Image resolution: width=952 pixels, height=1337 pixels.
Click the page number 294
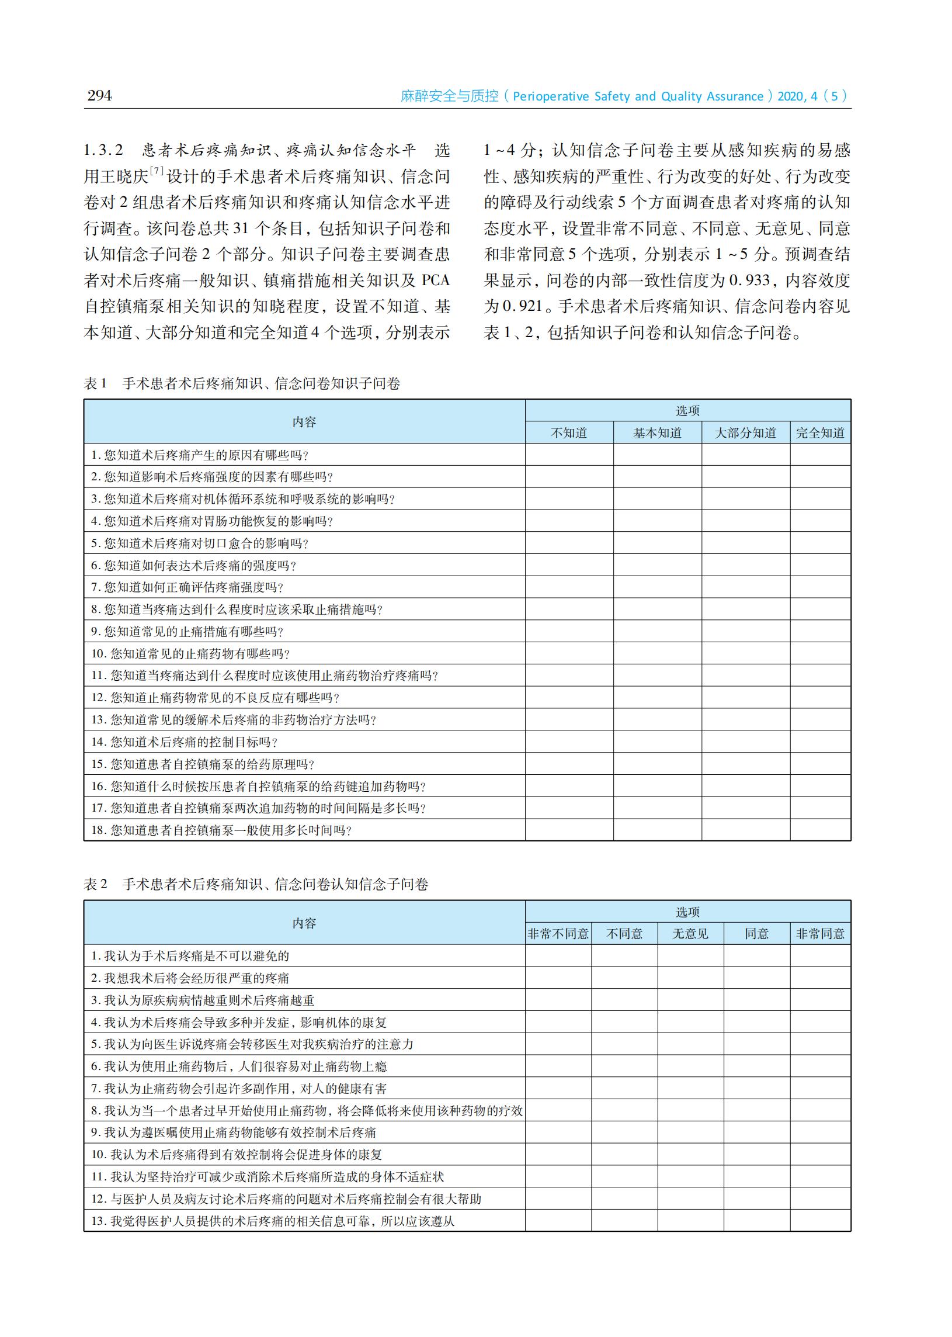(99, 95)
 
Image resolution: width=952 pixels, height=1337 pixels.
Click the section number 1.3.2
(103, 150)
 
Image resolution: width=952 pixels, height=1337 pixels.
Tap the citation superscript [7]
(157, 171)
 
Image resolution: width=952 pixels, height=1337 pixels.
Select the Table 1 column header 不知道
(569, 433)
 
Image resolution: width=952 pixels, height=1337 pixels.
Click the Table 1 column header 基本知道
(657, 433)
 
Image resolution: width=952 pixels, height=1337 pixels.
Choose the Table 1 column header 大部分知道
(745, 433)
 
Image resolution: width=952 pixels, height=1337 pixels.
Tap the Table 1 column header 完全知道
(820, 433)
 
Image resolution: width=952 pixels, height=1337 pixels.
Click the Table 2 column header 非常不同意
(558, 934)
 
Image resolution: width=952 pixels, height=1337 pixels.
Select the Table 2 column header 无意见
(690, 934)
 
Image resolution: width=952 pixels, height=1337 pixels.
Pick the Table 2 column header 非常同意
(820, 934)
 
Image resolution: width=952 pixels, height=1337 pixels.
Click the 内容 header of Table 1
(304, 422)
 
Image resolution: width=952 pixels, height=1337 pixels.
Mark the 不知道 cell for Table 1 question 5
(569, 543)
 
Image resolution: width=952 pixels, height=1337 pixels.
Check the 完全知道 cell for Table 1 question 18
(820, 830)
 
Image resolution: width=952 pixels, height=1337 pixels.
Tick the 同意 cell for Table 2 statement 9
(756, 1132)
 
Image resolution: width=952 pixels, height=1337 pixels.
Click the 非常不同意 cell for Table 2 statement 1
(558, 956)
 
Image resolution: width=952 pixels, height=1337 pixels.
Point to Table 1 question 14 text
(184, 742)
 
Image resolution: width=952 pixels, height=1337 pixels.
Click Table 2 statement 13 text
(273, 1221)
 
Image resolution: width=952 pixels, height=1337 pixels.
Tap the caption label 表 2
(96, 884)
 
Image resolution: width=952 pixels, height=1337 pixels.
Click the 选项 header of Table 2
(687, 912)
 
